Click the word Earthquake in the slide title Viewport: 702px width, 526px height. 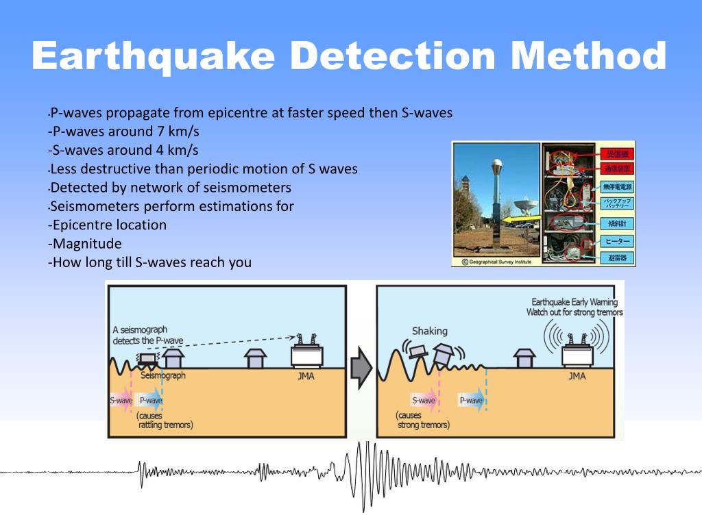click(154, 55)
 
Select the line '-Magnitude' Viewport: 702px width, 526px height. click(85, 244)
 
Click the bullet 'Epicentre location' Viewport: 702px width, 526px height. click(108, 225)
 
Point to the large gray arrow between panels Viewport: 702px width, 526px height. click(361, 368)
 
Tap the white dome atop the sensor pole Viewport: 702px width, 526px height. click(495, 166)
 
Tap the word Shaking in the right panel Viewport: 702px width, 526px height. click(429, 331)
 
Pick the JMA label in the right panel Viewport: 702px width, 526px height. click(577, 376)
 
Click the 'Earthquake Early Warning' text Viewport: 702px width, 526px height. click(574, 302)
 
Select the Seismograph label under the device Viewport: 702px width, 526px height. click(162, 376)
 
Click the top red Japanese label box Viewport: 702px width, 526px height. click(617, 153)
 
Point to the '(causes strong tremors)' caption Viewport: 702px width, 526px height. click(423, 421)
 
